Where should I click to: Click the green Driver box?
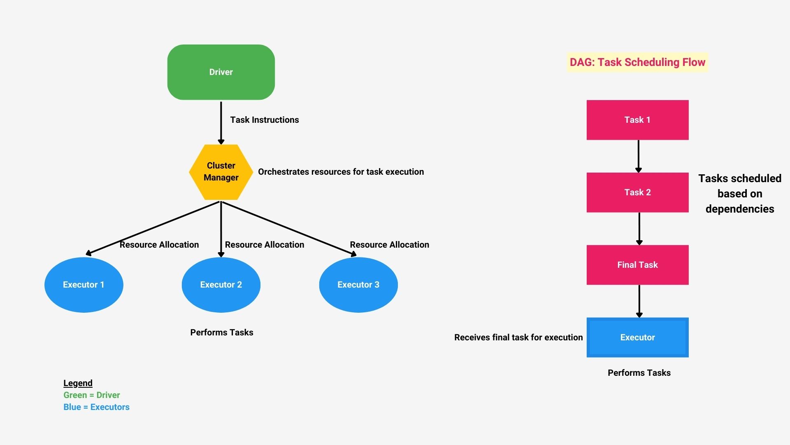click(221, 72)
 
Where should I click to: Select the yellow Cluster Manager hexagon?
click(221, 172)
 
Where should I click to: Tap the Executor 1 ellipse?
click(84, 285)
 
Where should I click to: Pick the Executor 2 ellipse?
click(221, 285)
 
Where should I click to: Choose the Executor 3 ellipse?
click(358, 285)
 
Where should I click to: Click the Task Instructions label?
click(264, 120)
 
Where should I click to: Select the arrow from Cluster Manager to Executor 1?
click(152, 227)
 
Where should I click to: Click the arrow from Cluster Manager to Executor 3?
click(288, 228)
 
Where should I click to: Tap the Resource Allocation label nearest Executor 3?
click(389, 245)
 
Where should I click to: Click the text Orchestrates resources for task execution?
click(341, 172)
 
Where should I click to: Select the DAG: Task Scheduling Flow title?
click(637, 62)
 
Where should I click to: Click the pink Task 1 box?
click(637, 120)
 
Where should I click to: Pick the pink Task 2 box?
click(637, 192)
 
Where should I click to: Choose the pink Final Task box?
click(637, 265)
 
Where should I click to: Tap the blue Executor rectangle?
click(637, 337)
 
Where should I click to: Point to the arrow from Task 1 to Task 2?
click(638, 156)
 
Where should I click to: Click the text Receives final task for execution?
click(518, 337)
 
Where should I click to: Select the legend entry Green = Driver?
click(91, 395)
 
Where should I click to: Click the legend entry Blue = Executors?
click(96, 407)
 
